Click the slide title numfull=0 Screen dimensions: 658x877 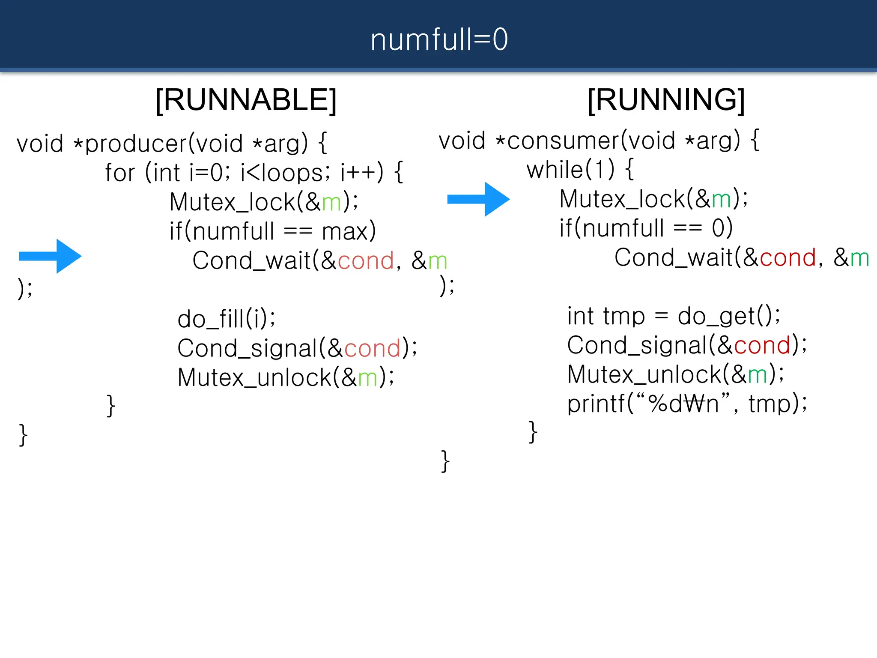pos(439,39)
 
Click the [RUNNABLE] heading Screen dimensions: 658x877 pos(246,100)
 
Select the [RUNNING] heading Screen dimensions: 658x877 pos(666,100)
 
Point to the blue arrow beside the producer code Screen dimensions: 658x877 pos(51,256)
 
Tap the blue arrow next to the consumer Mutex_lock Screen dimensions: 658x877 pos(479,199)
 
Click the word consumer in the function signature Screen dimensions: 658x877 pos(563,141)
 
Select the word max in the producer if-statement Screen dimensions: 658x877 pos(345,232)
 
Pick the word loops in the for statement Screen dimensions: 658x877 pos(292,173)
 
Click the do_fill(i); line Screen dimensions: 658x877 pos(227,319)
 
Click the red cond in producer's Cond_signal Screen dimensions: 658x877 pos(372,349)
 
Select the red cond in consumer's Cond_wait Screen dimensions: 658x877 pos(788,258)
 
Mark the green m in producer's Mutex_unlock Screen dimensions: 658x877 pos(367,378)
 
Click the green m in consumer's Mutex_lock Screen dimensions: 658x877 pos(721,200)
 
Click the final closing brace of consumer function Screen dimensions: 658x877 pos(445,461)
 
